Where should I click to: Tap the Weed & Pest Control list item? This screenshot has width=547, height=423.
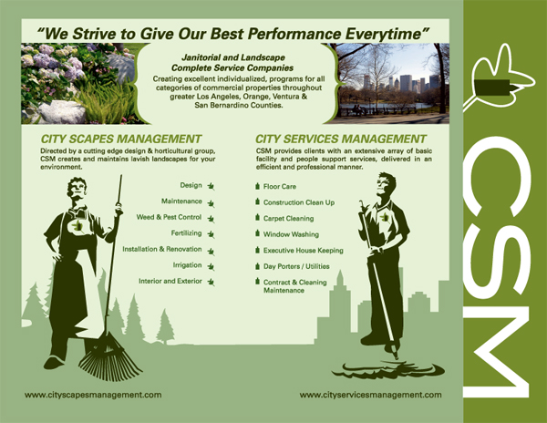(168, 216)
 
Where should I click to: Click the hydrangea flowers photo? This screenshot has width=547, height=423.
(77, 82)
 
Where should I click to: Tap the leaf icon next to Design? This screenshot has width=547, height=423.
(211, 185)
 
